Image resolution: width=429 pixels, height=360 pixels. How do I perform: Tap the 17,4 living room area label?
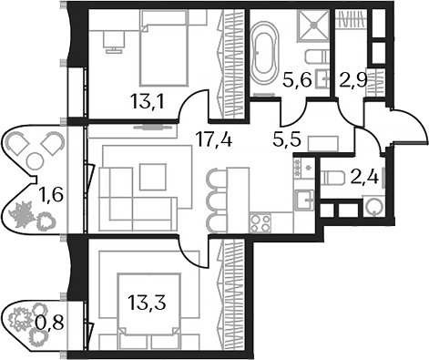tap(213, 140)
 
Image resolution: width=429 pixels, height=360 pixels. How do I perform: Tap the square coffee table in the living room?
tap(151, 176)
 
